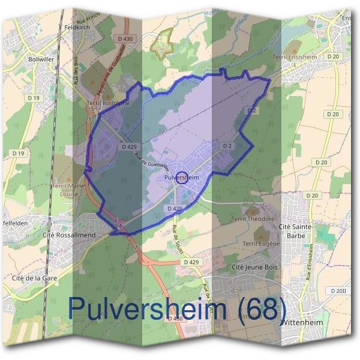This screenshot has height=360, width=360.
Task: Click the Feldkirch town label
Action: [76, 28]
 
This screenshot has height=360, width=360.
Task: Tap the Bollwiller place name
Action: [41, 59]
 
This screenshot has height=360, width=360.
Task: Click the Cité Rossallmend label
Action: [69, 235]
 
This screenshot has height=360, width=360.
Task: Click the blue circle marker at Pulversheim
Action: [183, 176]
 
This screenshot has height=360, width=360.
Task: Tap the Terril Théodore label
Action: [254, 219]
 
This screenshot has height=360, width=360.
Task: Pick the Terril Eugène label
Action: [262, 244]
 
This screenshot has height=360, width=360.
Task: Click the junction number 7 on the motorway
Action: [136, 247]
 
